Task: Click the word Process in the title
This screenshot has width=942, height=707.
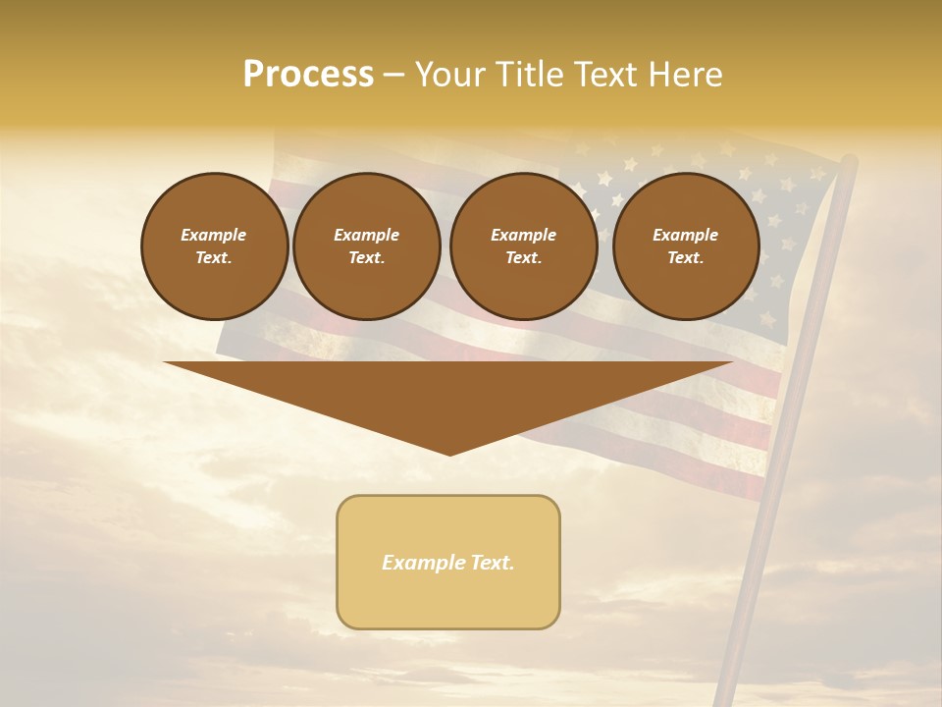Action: [308, 74]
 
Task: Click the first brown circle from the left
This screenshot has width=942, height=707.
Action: [214, 246]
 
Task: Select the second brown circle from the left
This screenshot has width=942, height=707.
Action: [366, 246]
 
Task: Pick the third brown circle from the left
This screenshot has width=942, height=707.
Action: [523, 246]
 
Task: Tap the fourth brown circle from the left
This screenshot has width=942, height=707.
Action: [685, 246]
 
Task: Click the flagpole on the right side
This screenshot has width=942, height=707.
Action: [785, 442]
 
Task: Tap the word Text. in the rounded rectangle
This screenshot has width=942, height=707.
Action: [493, 563]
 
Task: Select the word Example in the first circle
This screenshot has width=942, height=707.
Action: [214, 236]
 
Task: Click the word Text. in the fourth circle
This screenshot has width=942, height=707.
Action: [685, 258]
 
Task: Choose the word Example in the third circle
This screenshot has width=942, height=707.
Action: [523, 236]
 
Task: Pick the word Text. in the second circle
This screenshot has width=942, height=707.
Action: [366, 258]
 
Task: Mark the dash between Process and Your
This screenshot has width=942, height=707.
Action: [393, 75]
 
